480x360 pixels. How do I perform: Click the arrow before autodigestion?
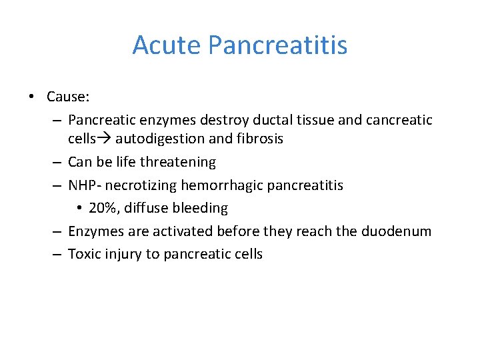coord(105,139)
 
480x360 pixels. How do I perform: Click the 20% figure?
coord(102,209)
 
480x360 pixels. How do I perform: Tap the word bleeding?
coord(200,209)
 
